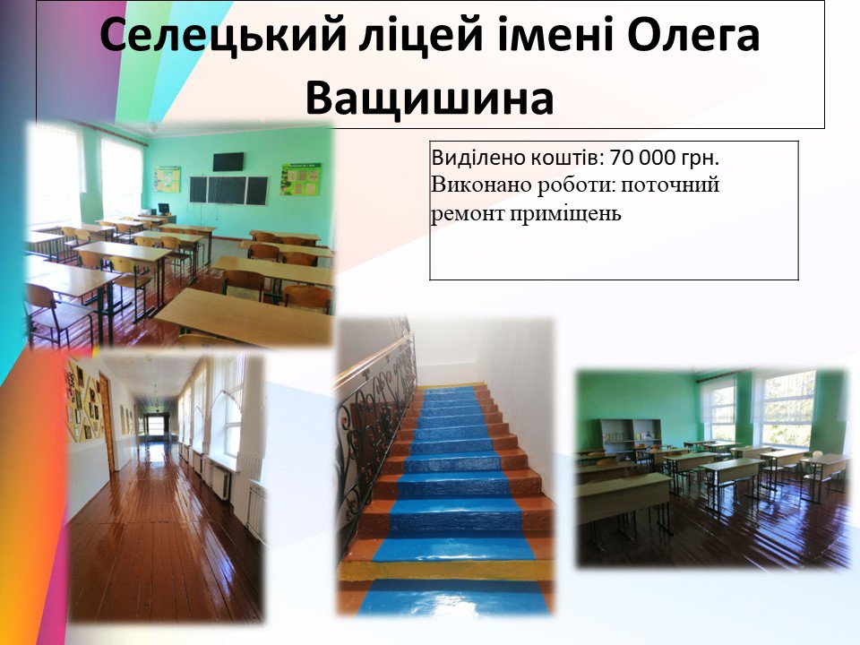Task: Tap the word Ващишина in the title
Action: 429,99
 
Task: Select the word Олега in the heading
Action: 693,35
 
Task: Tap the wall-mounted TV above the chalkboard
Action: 228,161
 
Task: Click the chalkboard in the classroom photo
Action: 228,190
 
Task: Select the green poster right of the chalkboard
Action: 301,179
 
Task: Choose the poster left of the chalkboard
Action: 168,179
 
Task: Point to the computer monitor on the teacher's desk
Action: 163,209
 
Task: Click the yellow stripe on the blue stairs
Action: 445,571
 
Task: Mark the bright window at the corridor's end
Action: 156,426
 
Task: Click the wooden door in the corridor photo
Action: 107,424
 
